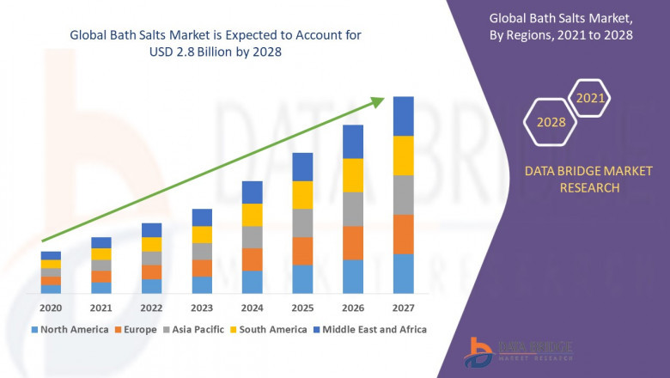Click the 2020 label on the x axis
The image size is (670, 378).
pos(51,308)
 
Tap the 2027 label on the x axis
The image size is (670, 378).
pos(403,308)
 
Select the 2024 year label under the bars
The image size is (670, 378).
pos(252,308)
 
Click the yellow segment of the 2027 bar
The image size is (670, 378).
pos(403,155)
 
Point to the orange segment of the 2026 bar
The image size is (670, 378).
pos(353,243)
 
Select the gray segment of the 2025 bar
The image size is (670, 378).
pos(302,223)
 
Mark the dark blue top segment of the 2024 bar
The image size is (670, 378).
pos(252,192)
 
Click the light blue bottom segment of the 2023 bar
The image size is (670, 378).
pos(202,284)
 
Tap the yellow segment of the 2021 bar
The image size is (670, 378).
pos(101,253)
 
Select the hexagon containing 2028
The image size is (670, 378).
pos(551,122)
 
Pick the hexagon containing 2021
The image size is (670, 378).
pos(590,99)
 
